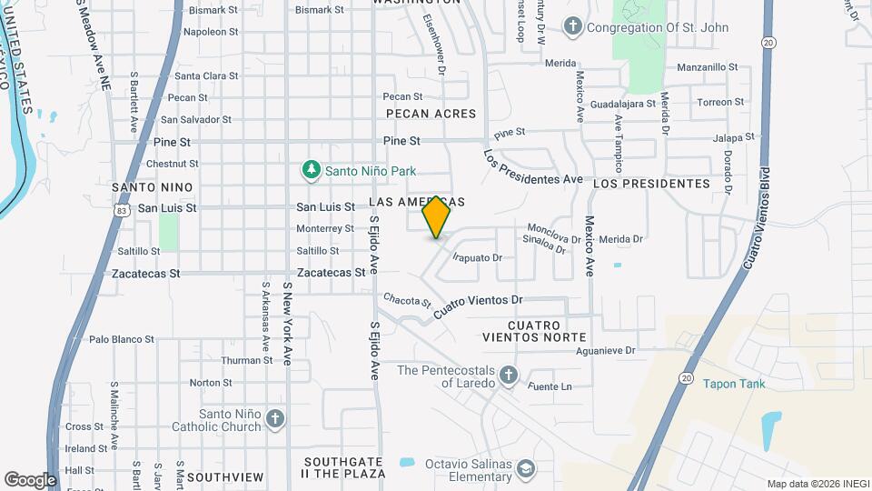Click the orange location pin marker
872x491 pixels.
click(436, 217)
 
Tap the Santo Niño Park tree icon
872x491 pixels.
click(312, 169)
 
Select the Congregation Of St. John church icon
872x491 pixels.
click(572, 26)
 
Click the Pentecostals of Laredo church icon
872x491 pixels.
click(509, 375)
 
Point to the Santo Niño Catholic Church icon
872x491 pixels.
click(275, 418)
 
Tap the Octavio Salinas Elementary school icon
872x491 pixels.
click(525, 469)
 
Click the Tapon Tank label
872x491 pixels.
click(734, 383)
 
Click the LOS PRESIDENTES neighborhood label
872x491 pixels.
click(651, 184)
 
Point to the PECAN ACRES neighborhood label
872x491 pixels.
click(431, 114)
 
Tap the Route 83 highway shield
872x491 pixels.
click(121, 210)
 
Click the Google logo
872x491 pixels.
click(30, 479)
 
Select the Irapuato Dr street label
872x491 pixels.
click(478, 258)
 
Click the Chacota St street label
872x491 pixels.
click(406, 299)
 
